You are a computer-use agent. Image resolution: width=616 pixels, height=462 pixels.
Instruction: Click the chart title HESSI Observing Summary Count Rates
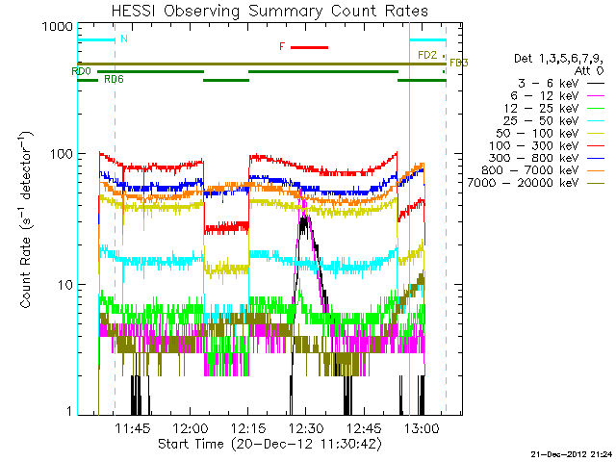coord(269,11)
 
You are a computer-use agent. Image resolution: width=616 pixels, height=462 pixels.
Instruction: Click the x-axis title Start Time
coord(269,445)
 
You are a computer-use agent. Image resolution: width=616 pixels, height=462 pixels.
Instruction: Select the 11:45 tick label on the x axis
coord(133,427)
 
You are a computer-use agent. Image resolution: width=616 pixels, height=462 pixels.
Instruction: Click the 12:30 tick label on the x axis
coord(305,427)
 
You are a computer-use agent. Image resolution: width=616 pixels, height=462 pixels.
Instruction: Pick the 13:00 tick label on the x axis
coord(422,427)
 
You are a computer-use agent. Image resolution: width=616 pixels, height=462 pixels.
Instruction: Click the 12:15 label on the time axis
coord(248,427)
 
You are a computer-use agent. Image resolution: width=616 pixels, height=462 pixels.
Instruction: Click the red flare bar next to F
coord(310,46)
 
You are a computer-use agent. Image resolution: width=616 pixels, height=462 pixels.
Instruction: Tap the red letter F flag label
coord(282,46)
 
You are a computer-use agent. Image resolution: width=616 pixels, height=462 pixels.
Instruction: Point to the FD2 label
coord(427,56)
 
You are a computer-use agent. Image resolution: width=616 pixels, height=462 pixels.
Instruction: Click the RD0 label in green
coord(81,71)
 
